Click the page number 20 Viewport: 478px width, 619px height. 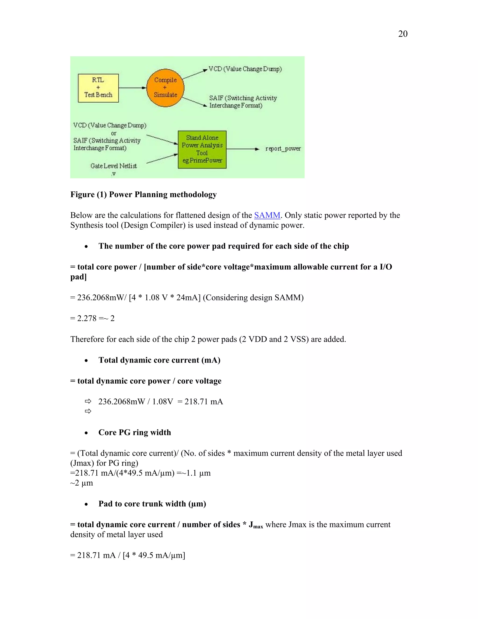click(403, 34)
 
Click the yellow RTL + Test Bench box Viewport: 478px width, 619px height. click(98, 88)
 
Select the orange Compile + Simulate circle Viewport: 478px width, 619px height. click(165, 88)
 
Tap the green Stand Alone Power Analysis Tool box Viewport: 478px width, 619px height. click(202, 149)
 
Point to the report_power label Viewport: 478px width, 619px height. click(283, 149)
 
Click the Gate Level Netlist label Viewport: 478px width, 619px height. click(114, 166)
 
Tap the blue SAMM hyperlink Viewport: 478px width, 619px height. click(267, 215)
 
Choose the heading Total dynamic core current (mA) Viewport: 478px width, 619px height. click(159, 360)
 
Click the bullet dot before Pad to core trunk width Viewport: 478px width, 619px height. click(86, 504)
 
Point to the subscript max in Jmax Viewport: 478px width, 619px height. click(258, 527)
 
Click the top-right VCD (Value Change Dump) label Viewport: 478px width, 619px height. click(245, 69)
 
